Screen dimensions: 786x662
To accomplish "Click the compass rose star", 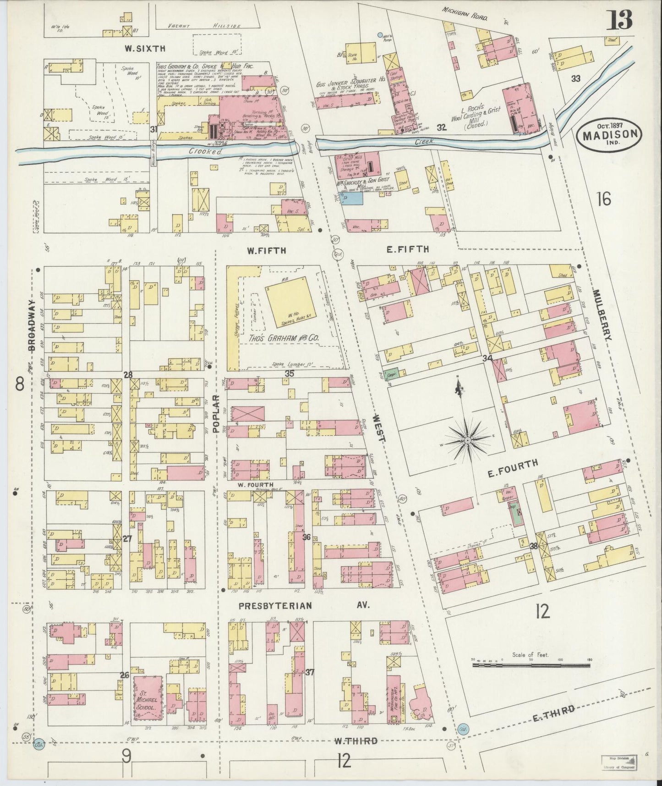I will pos(467,440).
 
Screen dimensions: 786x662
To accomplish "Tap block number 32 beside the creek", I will pos(441,128).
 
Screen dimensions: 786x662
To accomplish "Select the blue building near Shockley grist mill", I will pos(352,198).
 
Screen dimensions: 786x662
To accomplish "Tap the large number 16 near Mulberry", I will pos(604,199).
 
